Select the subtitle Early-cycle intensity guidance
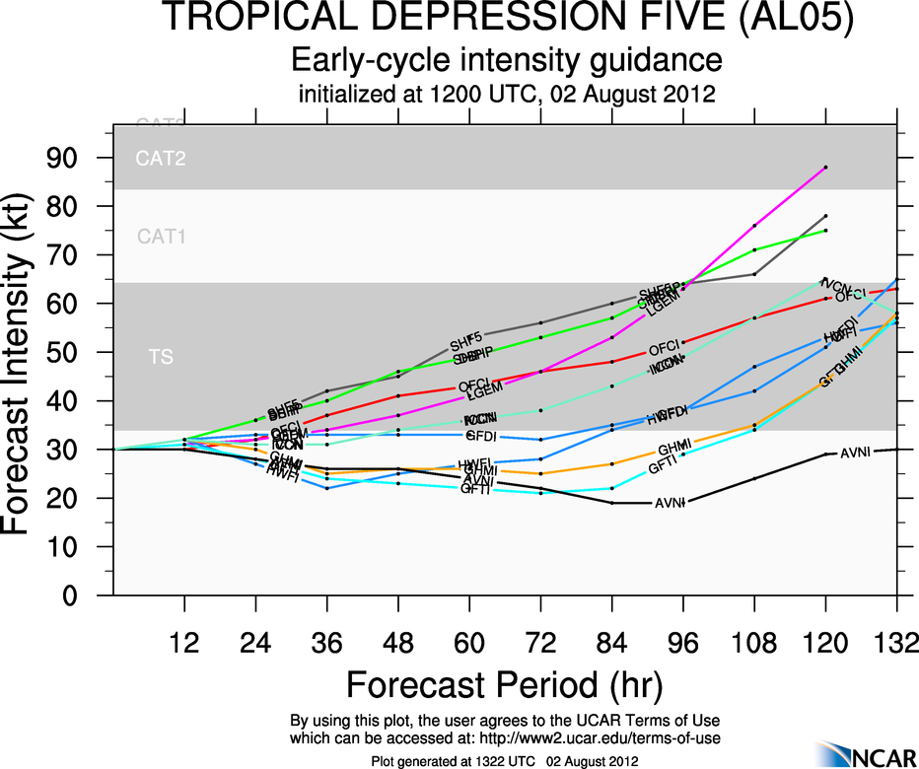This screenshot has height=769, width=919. click(506, 61)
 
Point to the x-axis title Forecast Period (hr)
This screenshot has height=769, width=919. click(504, 683)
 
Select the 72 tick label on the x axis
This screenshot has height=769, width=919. click(539, 641)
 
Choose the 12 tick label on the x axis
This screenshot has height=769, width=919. click(184, 641)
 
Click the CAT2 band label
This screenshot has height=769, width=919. click(161, 158)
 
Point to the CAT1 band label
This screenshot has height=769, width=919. click(161, 237)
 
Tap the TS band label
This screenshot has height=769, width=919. click(161, 358)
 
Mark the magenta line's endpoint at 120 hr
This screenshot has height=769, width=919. click(824, 168)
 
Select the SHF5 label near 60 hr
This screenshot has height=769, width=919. click(467, 343)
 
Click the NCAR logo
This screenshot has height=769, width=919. click(868, 754)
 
